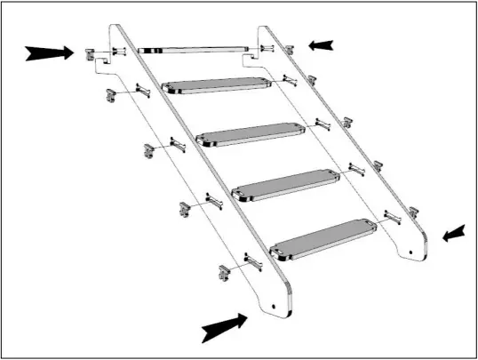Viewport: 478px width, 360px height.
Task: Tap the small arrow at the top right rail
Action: [321, 44]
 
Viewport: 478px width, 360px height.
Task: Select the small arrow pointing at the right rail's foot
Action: [453, 234]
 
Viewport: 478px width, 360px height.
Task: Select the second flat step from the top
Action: [251, 134]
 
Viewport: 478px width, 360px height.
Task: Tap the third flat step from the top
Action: [286, 184]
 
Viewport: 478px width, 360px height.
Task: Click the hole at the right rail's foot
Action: [411, 250]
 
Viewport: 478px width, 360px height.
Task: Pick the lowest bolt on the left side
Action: [253, 262]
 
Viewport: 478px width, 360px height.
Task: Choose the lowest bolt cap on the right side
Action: [413, 213]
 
